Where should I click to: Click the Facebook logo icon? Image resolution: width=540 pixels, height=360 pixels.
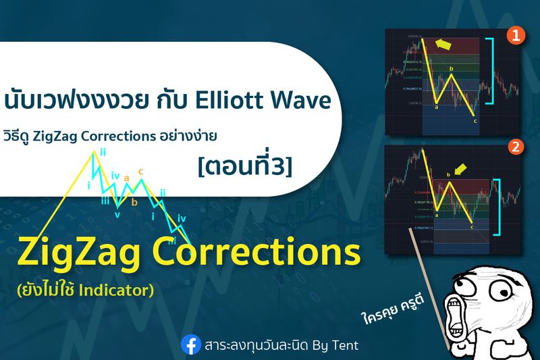pyautogui.click(x=192, y=344)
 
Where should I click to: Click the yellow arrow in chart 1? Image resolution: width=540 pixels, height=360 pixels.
pyautogui.click(x=443, y=44)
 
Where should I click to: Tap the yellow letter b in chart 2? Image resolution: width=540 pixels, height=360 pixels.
pyautogui.click(x=448, y=176)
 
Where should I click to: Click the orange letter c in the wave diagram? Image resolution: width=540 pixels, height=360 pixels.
pyautogui.click(x=140, y=172)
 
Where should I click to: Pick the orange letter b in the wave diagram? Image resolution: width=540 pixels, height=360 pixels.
pyautogui.click(x=134, y=201)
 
